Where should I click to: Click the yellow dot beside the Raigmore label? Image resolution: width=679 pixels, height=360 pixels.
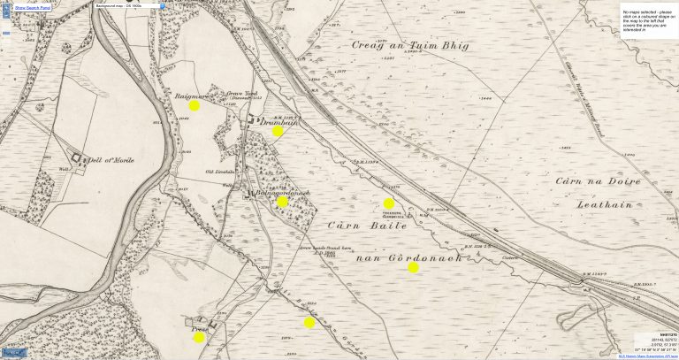pos(195,105)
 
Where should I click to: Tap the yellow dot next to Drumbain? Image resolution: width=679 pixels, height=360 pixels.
pos(278,131)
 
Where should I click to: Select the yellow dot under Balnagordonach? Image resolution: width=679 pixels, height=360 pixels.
pos(282,202)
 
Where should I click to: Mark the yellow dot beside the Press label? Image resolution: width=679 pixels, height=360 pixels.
pos(199,337)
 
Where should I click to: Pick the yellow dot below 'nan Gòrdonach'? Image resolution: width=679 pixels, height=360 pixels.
pos(413,267)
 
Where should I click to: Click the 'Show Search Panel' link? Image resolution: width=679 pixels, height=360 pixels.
pos(33,6)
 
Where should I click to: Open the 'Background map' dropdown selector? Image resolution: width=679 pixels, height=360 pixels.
pos(128,6)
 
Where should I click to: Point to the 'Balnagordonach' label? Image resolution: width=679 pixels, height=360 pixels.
pos(280,193)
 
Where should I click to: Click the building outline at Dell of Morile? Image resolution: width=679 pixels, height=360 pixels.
pos(76,159)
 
